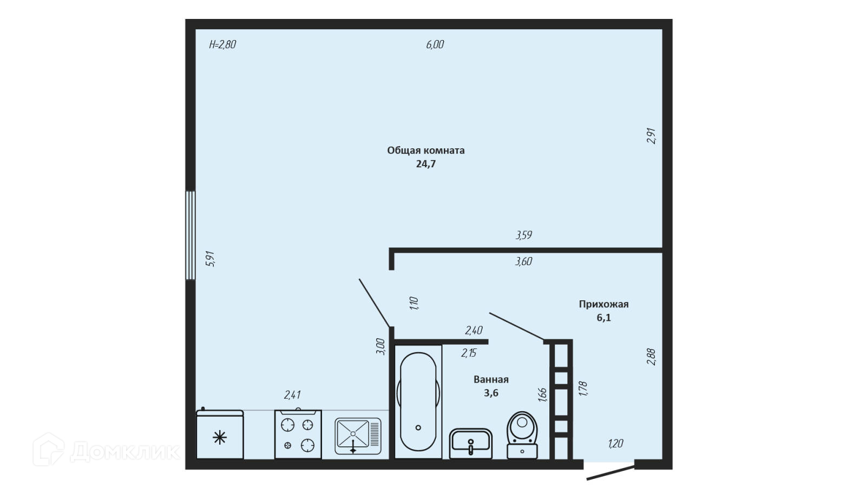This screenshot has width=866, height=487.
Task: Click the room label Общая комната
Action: point(425,150)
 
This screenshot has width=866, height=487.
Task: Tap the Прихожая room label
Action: point(603,304)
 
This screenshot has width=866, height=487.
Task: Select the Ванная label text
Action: point(491,379)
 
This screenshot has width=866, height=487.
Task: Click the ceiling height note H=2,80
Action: point(222,45)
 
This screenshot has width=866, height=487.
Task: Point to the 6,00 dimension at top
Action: point(435,45)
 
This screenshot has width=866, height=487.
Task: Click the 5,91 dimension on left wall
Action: point(211,259)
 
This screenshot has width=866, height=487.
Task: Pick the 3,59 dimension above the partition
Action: point(523,235)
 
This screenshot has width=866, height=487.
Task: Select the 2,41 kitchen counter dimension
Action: point(292,395)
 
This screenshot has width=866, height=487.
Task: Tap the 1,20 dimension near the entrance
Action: point(615,444)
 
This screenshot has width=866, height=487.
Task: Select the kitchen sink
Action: point(358,436)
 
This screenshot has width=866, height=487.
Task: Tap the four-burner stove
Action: point(298,435)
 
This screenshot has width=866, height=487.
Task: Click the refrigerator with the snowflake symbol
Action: point(220,436)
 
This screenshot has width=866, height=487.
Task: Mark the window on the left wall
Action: point(190,235)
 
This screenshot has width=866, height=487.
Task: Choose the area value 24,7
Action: point(425,164)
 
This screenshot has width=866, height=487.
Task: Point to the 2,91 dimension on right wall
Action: point(651,135)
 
